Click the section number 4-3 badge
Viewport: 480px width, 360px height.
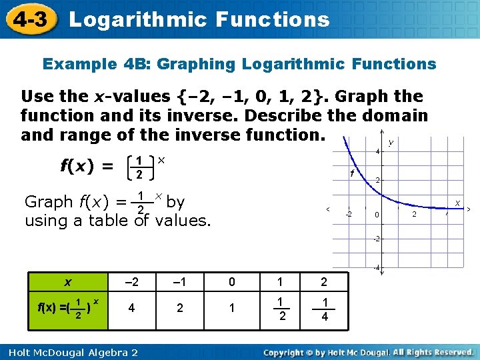pyautogui.click(x=29, y=19)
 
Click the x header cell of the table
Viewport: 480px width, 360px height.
pyautogui.click(x=67, y=281)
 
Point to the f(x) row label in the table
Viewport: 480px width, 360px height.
pyautogui.click(x=67, y=309)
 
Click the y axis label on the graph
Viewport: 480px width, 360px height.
pyautogui.click(x=390, y=142)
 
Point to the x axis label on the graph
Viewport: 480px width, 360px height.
pyautogui.click(x=457, y=201)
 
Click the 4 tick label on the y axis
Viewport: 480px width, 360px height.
pyautogui.click(x=377, y=152)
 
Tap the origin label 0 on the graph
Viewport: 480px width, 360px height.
pyautogui.click(x=377, y=215)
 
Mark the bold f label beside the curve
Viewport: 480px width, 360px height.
pyautogui.click(x=351, y=173)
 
